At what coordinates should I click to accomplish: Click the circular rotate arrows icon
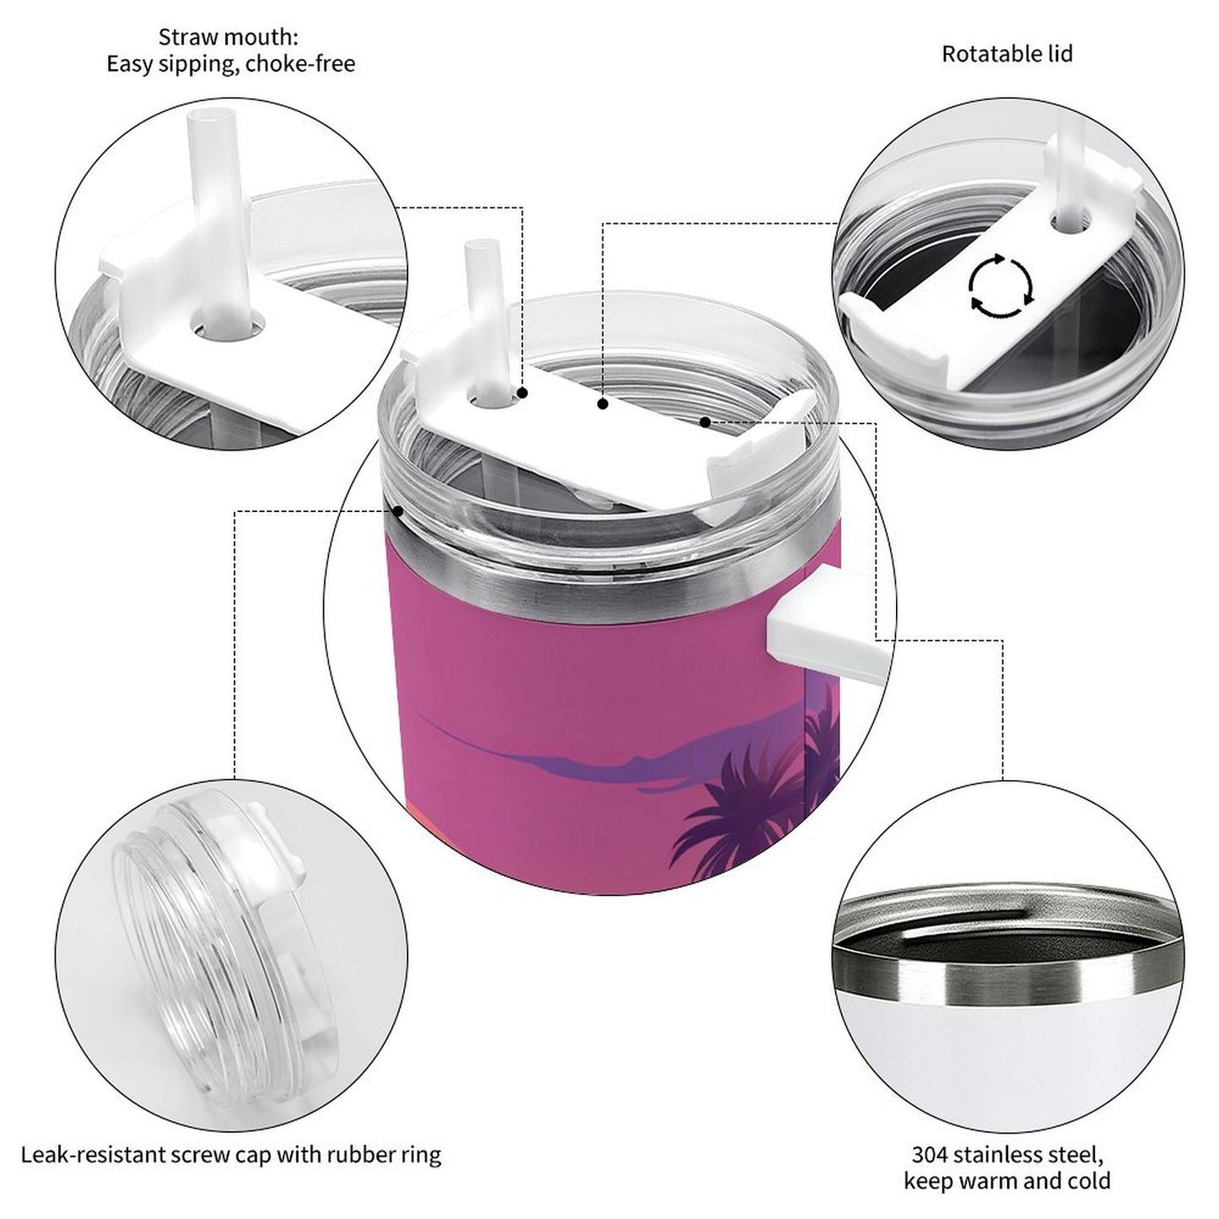pyautogui.click(x=1001, y=285)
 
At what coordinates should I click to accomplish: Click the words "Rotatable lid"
pyautogui.click(x=1006, y=54)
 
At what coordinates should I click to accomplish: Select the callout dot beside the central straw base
pyautogui.click(x=522, y=393)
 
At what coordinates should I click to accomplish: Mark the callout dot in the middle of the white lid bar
pyautogui.click(x=602, y=405)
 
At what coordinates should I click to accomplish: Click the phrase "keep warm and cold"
pyautogui.click(x=1006, y=1180)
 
